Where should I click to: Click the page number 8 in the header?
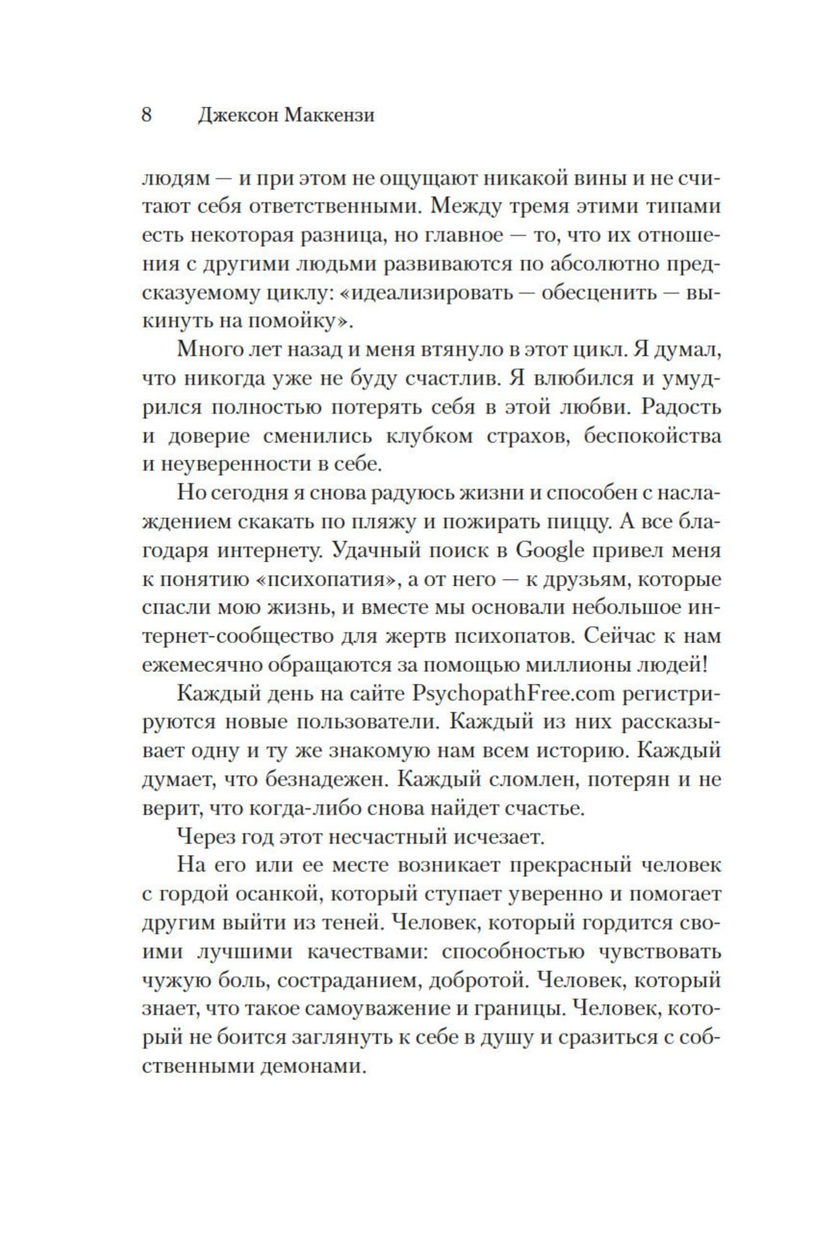[147, 115]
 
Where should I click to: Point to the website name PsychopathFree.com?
[513, 693]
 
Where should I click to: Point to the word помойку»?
[300, 321]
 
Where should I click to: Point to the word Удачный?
[381, 550]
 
